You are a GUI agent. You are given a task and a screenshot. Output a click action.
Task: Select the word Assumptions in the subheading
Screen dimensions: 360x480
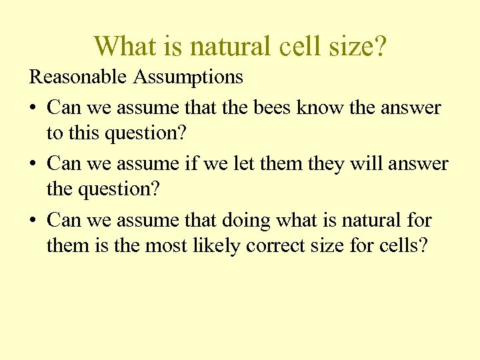[188, 77]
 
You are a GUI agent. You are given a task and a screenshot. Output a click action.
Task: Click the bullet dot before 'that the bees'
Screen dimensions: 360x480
[33, 108]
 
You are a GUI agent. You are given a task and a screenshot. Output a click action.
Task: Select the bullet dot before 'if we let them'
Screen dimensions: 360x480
[33, 164]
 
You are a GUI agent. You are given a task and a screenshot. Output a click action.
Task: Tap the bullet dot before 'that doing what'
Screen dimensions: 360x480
[33, 220]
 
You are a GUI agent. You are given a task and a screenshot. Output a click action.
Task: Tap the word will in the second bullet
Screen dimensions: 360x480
[361, 163]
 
